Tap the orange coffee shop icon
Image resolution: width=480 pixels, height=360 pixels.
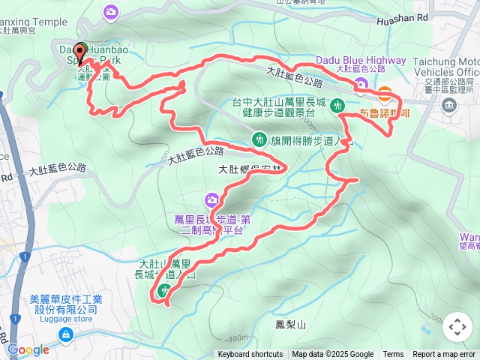coord(385,94)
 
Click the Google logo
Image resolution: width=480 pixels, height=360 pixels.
coord(28,349)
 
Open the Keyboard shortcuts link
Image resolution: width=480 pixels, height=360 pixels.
coord(250,355)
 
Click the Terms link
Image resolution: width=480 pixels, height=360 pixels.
coord(393,355)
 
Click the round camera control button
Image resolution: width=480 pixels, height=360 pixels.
coord(457,327)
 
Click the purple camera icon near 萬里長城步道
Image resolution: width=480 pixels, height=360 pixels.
coord(211,199)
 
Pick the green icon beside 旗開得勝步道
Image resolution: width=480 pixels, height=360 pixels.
coord(259,139)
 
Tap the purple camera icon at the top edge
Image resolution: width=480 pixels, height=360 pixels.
coord(112,11)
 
